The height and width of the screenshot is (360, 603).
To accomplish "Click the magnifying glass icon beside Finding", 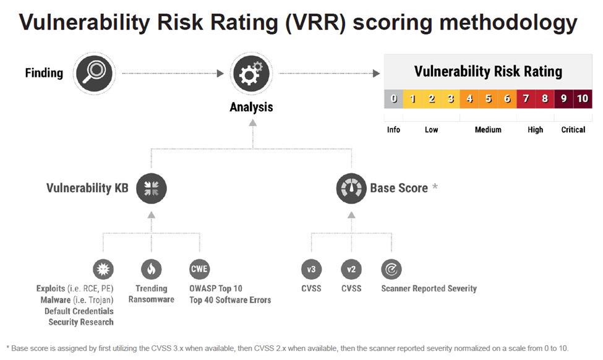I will point(94,74).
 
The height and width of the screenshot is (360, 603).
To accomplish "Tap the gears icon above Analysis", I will point(251,74).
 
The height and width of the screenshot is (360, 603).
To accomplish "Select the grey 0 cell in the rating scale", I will point(393,99).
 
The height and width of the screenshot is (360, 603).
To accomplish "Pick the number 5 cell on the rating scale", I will point(488,99).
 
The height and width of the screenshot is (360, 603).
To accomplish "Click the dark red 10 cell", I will point(583,99).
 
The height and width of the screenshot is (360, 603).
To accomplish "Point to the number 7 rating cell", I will point(526,99).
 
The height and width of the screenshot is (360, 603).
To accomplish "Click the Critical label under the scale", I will point(573,130).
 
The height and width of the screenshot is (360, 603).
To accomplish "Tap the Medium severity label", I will point(488,130).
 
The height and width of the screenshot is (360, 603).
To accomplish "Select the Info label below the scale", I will point(393,130).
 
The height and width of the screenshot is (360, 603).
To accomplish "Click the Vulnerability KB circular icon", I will point(151,188).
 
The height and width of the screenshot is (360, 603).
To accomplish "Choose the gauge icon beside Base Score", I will point(351,188).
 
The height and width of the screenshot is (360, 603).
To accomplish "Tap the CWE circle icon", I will point(200,269).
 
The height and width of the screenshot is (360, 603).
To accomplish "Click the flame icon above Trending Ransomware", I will point(152,269).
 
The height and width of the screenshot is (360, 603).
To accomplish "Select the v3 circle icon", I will point(311,269).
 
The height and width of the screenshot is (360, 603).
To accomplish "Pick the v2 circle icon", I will point(351,269).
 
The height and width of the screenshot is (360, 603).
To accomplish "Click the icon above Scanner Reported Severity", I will point(391,269).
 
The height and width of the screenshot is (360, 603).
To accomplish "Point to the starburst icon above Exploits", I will point(103,269).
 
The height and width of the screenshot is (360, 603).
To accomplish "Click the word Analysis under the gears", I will point(251,107).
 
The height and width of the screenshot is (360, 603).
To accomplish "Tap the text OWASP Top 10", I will point(216,288).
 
